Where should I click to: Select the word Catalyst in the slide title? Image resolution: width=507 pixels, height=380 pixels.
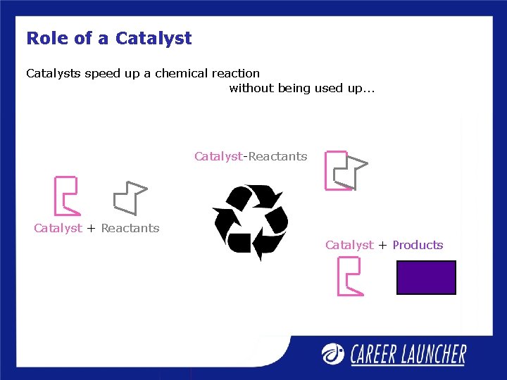[x=154, y=38]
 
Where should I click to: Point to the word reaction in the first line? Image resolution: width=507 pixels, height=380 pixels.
[x=234, y=73]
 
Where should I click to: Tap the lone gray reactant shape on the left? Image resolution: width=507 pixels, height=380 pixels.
[x=129, y=197]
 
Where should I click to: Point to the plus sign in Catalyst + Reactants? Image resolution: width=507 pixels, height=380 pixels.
[x=92, y=228]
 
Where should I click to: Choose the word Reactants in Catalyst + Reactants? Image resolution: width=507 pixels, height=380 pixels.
[x=130, y=228]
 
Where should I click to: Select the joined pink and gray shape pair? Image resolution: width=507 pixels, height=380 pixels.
[x=345, y=170]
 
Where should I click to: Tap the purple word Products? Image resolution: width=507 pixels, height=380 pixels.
[x=418, y=245]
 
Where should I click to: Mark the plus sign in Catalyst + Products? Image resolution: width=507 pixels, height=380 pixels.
[x=382, y=245]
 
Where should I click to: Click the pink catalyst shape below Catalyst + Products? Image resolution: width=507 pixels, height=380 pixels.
[x=349, y=276]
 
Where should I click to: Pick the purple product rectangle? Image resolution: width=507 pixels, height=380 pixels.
[x=426, y=277]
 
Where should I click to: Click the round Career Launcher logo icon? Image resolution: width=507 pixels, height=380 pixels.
[x=334, y=353]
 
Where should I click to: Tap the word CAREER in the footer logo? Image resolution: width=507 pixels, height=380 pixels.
[x=377, y=354]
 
